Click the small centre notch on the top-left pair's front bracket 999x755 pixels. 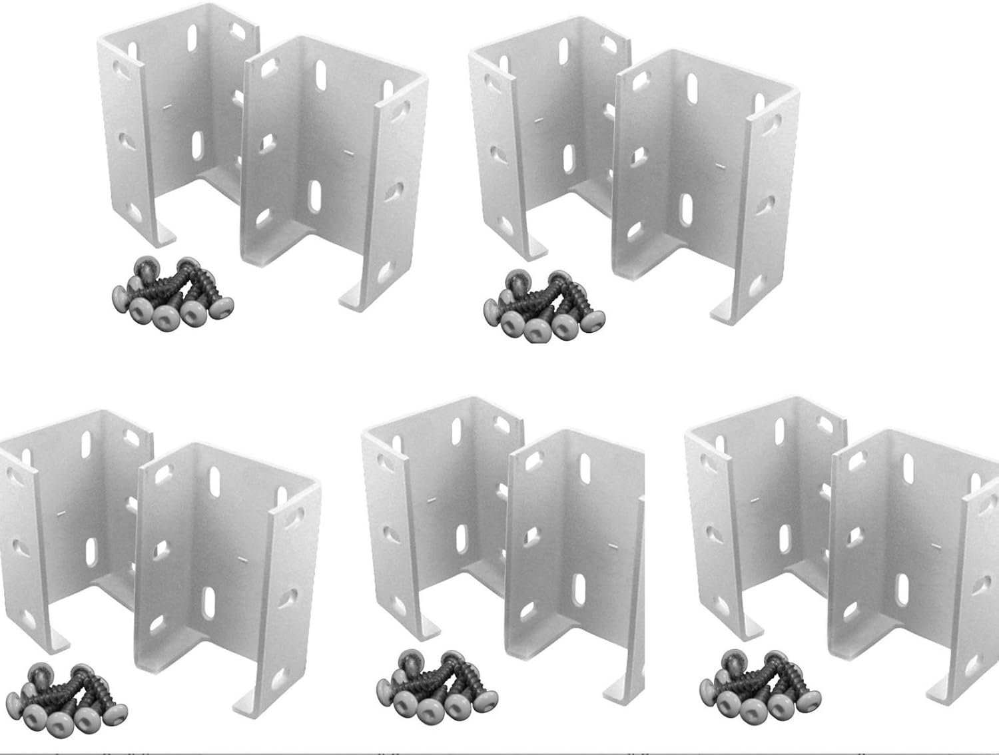tap(350, 152)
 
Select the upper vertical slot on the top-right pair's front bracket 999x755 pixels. tap(693, 87)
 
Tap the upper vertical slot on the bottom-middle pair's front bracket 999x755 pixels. tap(584, 465)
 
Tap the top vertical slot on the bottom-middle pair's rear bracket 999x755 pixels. tap(458, 431)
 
